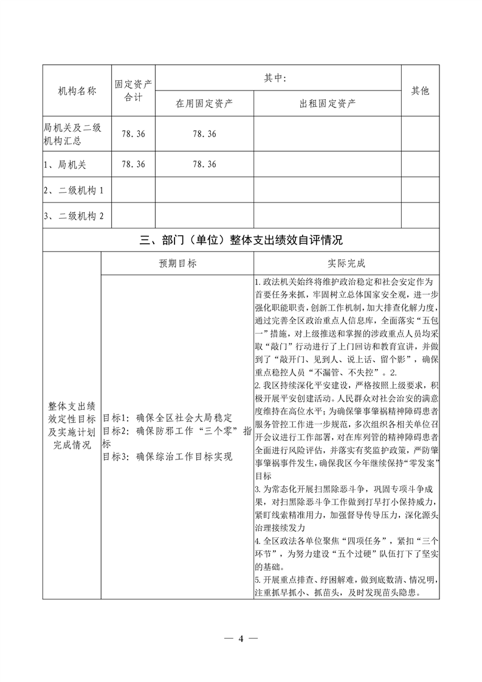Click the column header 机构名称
pos(77,91)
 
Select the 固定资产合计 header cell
pos(133,91)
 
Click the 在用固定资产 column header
pos(204,103)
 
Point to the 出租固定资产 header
pos(328,103)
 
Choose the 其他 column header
pos(420,91)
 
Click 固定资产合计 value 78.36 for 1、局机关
pos(133,164)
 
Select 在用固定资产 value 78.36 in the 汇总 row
pos(204,134)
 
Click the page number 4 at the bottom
pos(241,638)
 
